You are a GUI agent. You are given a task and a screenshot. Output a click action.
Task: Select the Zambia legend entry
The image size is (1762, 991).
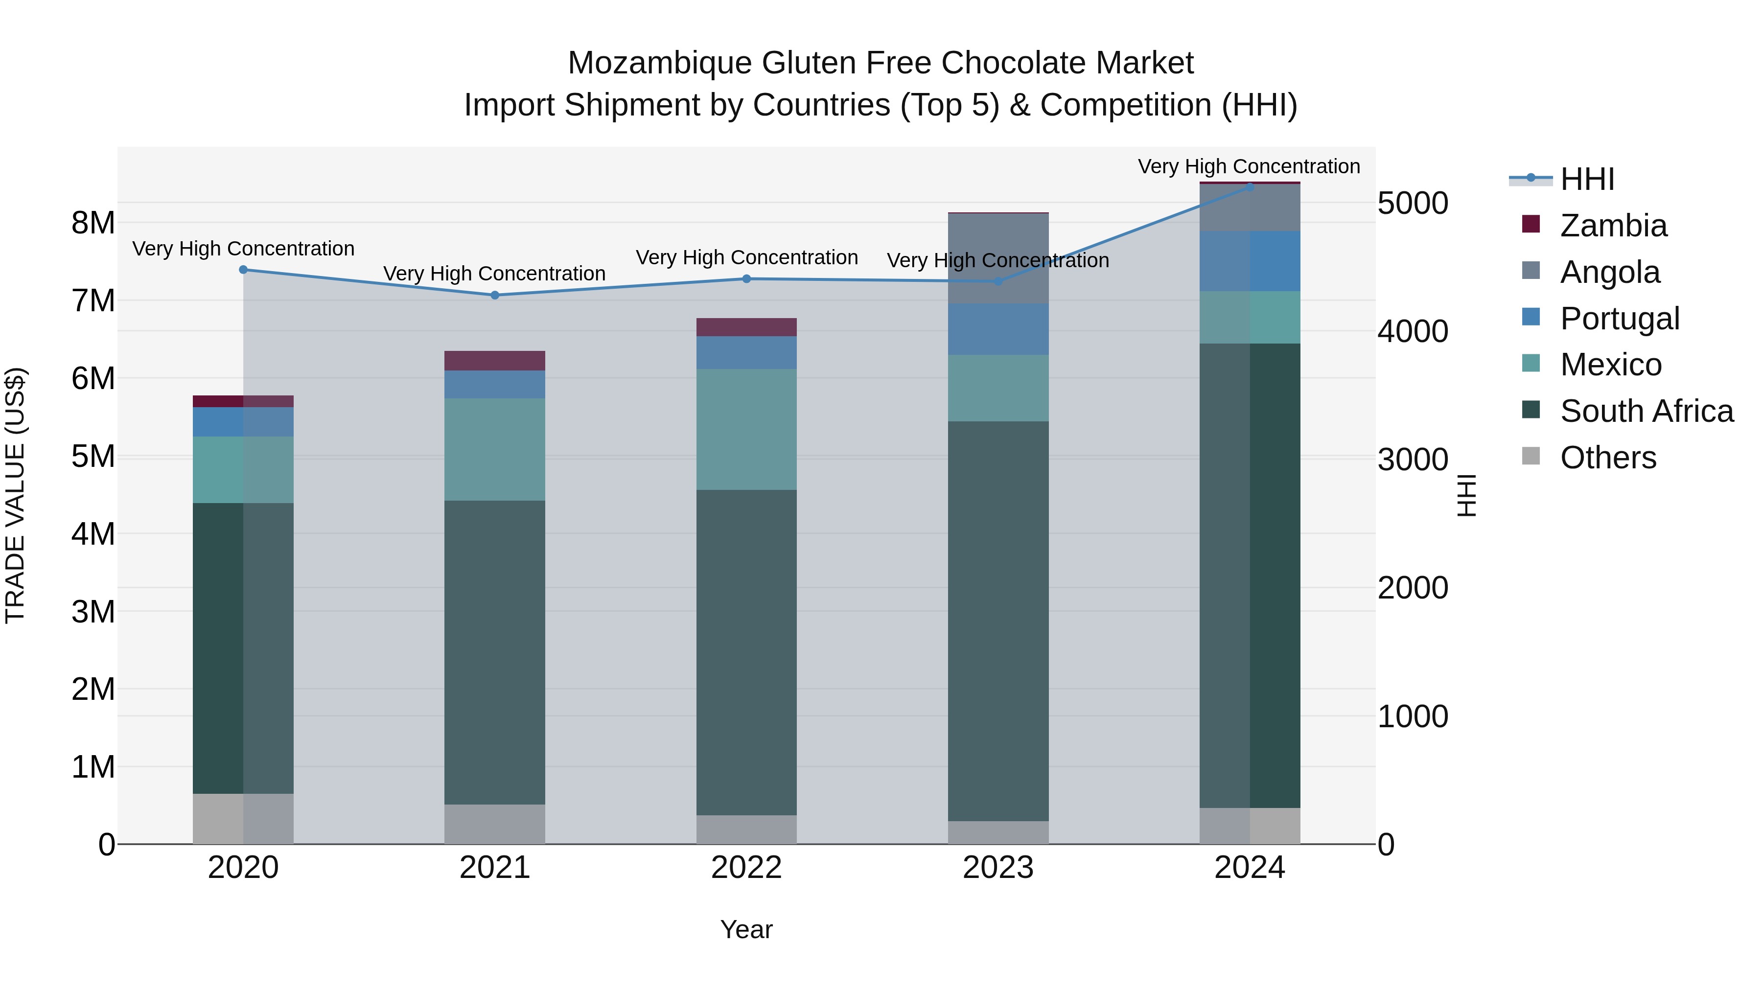[x=1613, y=226]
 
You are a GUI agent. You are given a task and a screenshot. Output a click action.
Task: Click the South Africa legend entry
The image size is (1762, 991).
[x=1646, y=411]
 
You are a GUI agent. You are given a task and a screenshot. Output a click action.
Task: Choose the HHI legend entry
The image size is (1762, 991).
[x=1587, y=179]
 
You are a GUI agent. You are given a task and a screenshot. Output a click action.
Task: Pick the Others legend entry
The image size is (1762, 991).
[x=1607, y=458]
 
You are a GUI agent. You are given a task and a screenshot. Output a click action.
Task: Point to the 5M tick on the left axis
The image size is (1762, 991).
[x=93, y=456]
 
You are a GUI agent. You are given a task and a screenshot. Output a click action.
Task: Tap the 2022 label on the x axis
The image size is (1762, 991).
[x=746, y=868]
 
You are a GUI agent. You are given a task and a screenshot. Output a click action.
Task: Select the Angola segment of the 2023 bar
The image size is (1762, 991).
[x=998, y=258]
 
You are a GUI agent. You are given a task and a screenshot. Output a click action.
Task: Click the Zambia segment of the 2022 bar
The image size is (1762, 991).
[x=746, y=327]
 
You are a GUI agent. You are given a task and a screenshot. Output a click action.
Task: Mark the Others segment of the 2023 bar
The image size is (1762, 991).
[x=998, y=832]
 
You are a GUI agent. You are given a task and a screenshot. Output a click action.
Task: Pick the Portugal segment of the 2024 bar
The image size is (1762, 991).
[x=1250, y=261]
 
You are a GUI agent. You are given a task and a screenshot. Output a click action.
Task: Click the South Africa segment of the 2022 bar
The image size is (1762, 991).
[x=746, y=652]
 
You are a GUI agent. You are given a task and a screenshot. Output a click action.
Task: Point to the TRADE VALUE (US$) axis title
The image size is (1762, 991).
[x=15, y=495]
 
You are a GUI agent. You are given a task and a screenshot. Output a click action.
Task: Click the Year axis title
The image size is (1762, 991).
[x=746, y=929]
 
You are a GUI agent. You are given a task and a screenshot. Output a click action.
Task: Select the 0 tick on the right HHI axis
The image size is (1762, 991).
[x=1386, y=845]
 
